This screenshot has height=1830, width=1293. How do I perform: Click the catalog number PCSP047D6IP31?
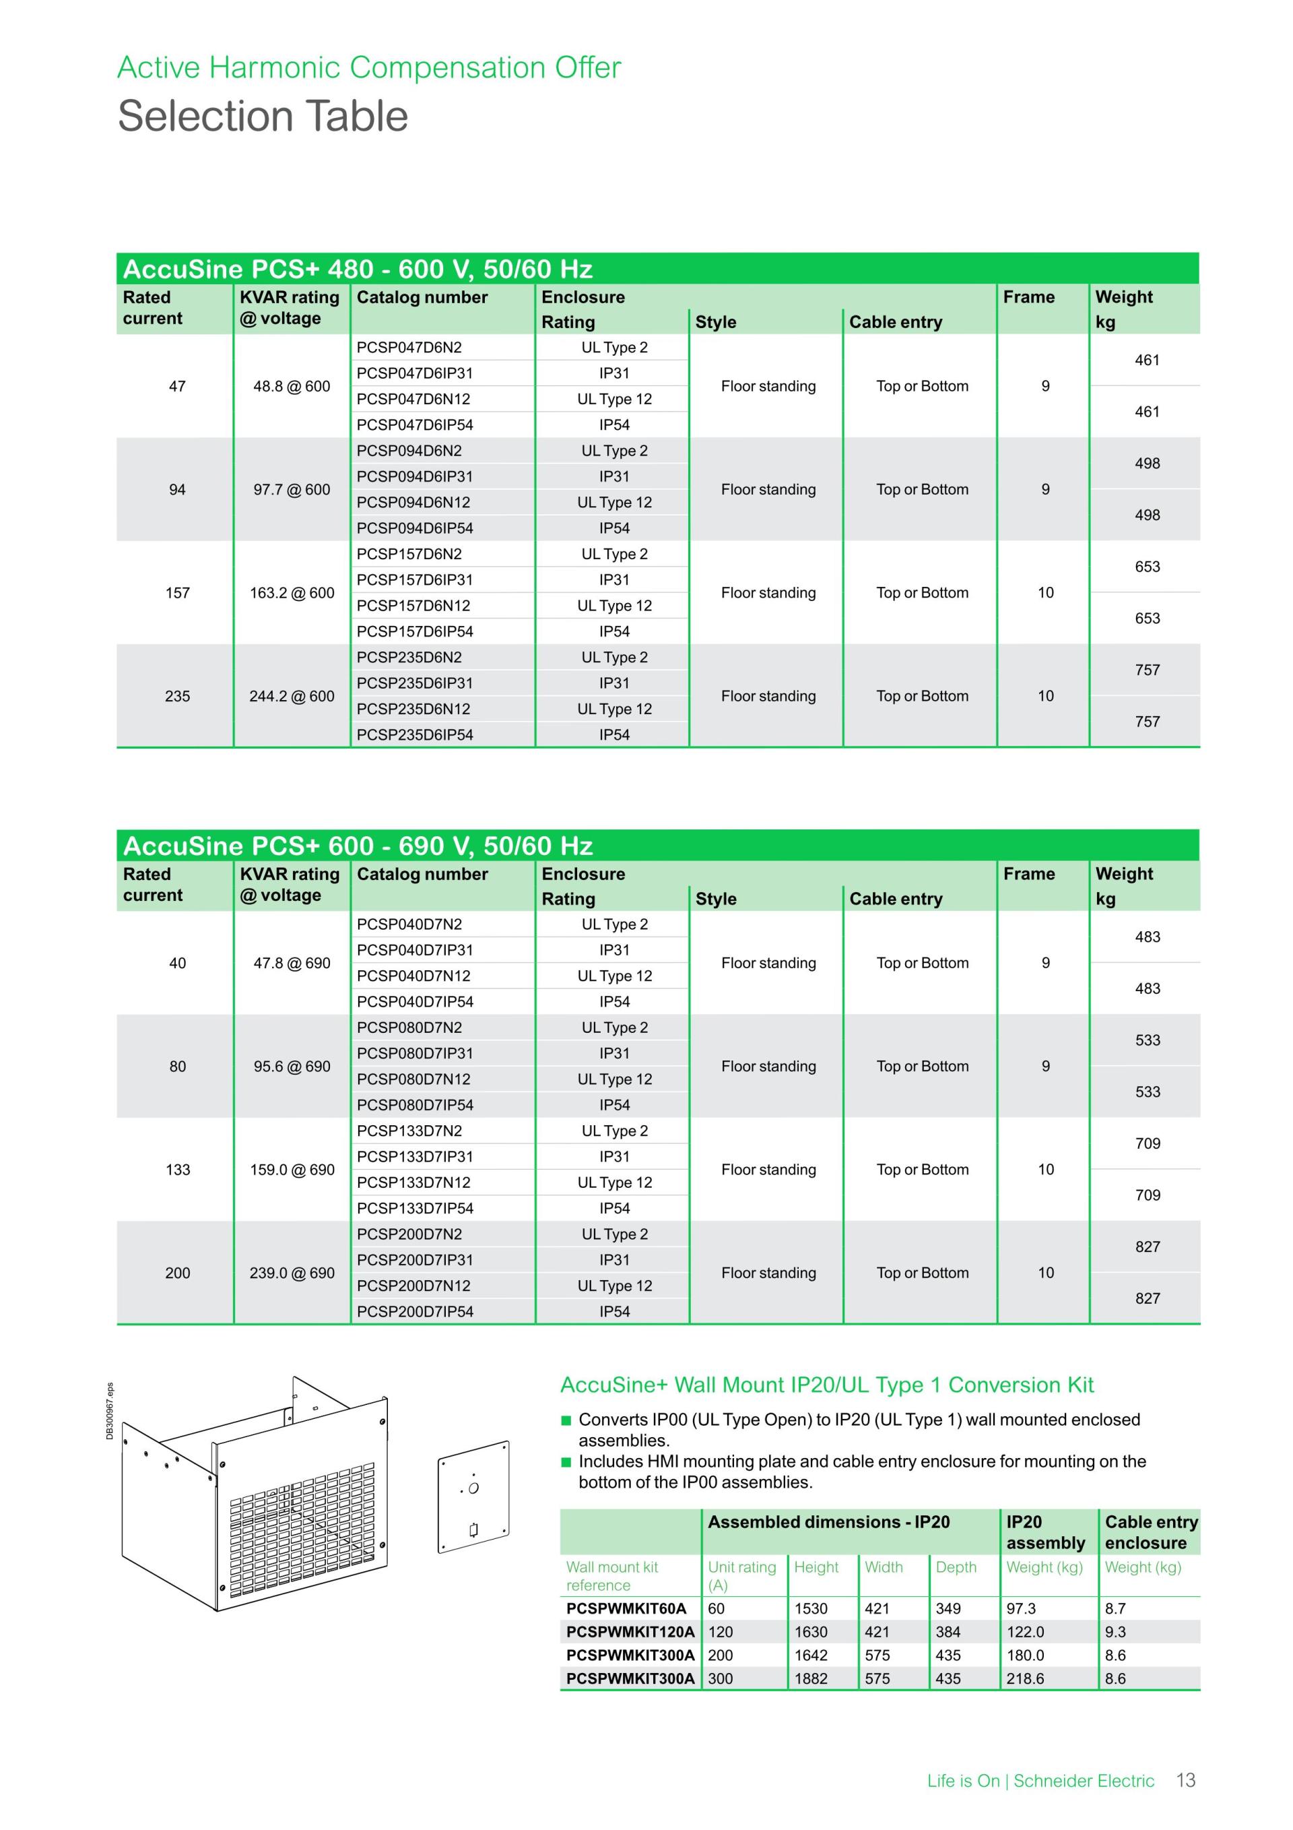point(414,373)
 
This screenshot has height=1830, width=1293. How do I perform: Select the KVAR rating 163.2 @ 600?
point(292,593)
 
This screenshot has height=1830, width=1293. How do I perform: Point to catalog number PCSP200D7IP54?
point(414,1311)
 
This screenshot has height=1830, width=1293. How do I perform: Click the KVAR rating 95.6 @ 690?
point(292,1067)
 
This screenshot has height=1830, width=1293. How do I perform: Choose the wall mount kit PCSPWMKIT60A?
point(626,1608)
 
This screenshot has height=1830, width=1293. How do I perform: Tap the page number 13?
point(1185,1781)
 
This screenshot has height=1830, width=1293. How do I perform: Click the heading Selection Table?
point(263,117)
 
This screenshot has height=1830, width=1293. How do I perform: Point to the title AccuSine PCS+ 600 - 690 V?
point(358,846)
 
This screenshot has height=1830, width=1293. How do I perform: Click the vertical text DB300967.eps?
point(110,1412)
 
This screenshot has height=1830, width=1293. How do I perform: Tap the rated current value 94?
point(177,489)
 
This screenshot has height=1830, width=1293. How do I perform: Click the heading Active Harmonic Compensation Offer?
point(369,68)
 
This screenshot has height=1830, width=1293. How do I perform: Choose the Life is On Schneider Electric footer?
point(1040,1781)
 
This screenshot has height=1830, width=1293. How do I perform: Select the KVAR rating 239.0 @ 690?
point(292,1273)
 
